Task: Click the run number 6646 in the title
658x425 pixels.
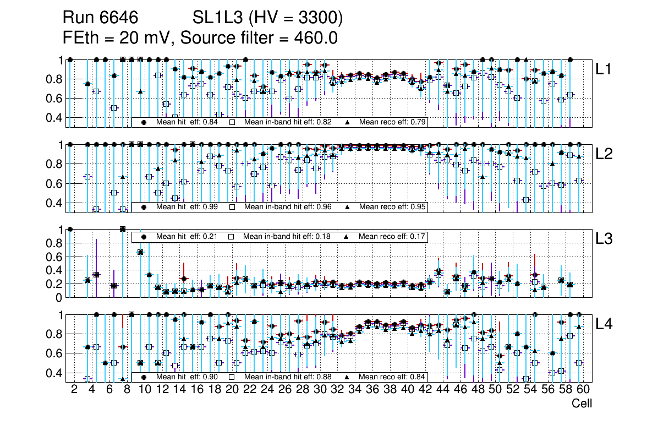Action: pos(118,18)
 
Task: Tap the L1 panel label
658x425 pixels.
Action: pos(604,69)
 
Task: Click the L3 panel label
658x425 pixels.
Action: pos(604,239)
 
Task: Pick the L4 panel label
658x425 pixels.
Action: pos(604,324)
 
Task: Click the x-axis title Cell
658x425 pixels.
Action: pos(582,404)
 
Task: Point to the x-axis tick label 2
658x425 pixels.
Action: pos(74,390)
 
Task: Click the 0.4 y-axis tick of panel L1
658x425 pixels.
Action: pos(54,117)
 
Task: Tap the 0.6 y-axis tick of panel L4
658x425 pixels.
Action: pos(54,353)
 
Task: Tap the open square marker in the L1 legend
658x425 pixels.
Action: pos(232,122)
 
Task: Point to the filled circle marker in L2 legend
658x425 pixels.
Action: pos(144,207)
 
